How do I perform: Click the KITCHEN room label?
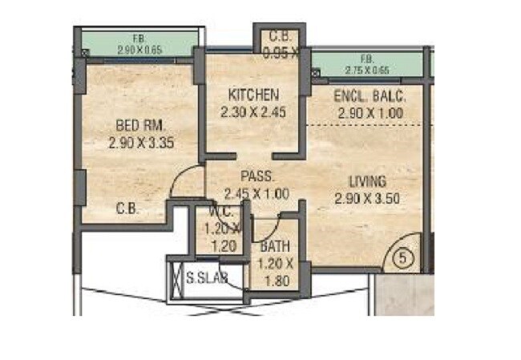253,95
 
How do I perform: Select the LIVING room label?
368,180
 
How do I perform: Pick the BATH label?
275,246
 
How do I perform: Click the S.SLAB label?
207,278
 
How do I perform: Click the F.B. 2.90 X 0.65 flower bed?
139,45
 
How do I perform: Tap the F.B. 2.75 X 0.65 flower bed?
367,63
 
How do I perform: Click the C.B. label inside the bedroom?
127,208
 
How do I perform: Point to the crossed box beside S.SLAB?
176,280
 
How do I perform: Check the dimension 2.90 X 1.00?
370,113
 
